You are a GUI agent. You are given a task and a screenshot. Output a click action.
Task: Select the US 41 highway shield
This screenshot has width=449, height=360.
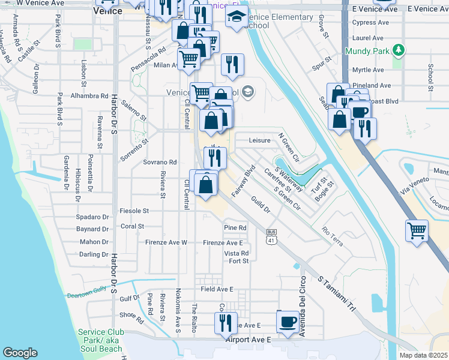[x=272, y=237]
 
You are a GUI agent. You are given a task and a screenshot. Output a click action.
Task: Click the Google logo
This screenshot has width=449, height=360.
[x=20, y=353]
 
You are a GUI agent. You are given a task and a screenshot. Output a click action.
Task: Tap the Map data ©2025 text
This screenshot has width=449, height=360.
[x=423, y=355]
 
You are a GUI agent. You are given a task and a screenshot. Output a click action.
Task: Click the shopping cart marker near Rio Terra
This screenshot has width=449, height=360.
[x=417, y=230]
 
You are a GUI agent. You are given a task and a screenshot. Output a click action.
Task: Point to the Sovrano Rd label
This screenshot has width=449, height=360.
[x=160, y=162]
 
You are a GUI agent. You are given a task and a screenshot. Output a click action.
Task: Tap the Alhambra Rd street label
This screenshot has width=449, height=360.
[x=89, y=96]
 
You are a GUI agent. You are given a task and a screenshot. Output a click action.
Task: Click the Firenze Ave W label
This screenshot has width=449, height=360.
[x=166, y=242]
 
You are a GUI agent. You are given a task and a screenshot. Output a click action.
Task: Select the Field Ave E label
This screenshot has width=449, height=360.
[x=217, y=289]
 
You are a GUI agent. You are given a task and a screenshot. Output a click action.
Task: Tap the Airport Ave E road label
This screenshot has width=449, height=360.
[x=249, y=340]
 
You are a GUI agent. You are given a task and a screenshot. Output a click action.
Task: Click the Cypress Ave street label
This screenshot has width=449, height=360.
[x=372, y=23]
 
